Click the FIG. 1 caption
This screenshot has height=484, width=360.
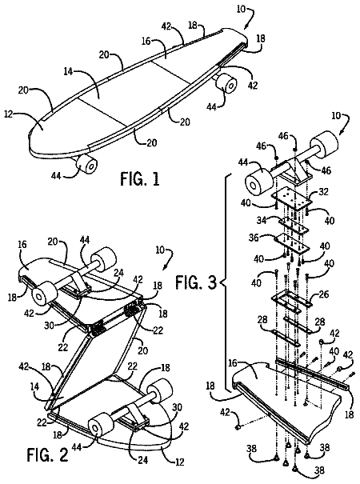coord(140,179)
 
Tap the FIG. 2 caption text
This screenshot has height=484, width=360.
coord(47,454)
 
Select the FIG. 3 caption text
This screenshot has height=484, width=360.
coord(196,282)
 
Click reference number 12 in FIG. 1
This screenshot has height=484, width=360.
coord(9,114)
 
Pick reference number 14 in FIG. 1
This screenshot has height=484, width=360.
coord(68,72)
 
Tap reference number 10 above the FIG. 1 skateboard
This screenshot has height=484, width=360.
coord(241,9)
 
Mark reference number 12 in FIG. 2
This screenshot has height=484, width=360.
coord(178,462)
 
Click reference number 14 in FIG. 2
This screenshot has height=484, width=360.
coord(35,386)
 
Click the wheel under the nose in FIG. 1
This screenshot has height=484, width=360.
coord(86,163)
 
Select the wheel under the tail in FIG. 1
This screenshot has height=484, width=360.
coord(226,82)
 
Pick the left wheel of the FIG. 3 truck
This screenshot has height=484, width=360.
coord(258,181)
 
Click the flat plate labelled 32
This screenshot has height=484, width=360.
coord(291,201)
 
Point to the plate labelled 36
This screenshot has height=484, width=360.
coord(292,244)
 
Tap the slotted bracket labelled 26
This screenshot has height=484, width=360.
coord(290,301)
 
